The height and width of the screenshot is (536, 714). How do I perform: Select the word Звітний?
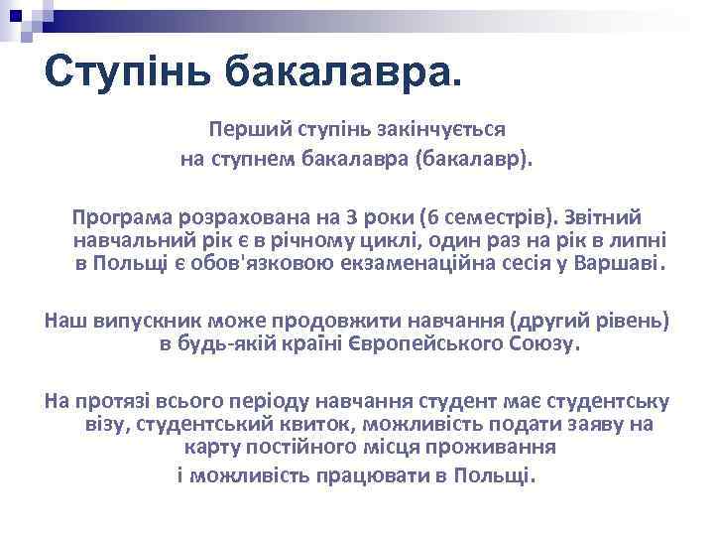606,216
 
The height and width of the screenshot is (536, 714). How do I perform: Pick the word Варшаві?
625,265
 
